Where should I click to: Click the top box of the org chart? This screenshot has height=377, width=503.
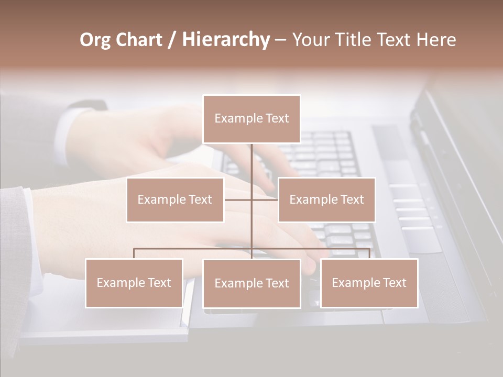click(x=251, y=119)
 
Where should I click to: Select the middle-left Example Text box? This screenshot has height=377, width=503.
click(x=175, y=199)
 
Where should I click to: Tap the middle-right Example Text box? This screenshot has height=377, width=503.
click(x=326, y=199)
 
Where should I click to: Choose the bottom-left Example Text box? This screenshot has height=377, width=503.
click(x=134, y=283)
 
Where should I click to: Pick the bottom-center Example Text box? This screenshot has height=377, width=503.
click(x=251, y=283)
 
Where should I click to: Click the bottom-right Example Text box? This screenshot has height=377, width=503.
click(x=369, y=283)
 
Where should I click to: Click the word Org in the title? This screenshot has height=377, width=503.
click(x=95, y=40)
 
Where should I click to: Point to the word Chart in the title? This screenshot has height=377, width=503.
click(x=139, y=40)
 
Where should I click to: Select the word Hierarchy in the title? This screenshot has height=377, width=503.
click(x=226, y=40)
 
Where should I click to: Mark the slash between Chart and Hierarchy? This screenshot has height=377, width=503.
click(x=172, y=40)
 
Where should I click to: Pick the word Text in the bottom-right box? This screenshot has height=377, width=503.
click(x=394, y=283)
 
